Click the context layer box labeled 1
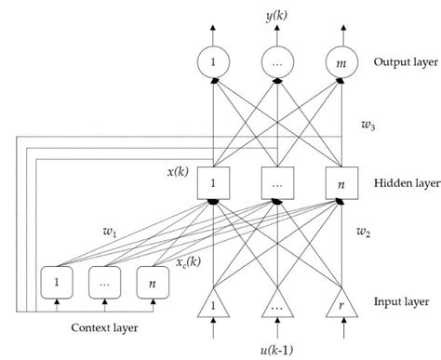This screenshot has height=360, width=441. (58, 280)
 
